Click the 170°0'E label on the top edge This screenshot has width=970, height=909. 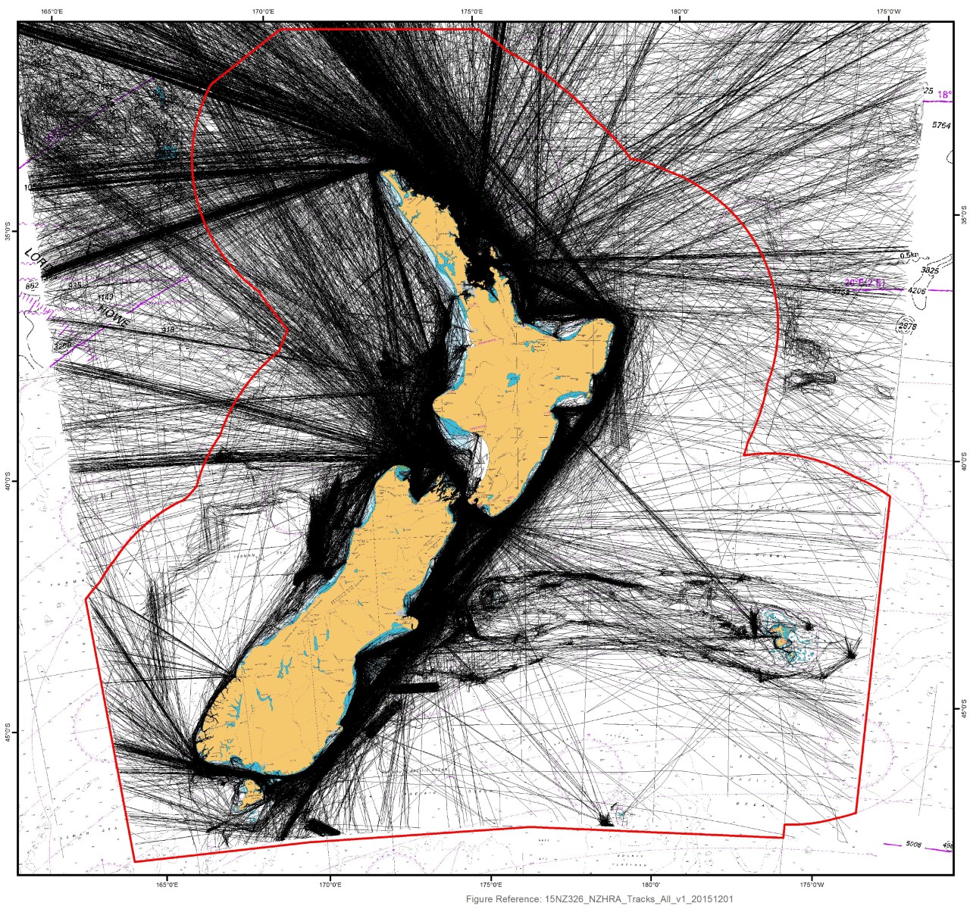click(x=263, y=11)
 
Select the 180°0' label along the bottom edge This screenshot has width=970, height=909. click(x=650, y=883)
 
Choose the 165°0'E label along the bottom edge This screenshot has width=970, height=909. click(x=167, y=883)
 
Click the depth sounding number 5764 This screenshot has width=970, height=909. click(x=940, y=125)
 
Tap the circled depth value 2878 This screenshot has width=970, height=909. click(x=906, y=326)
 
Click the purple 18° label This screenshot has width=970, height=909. click(x=944, y=95)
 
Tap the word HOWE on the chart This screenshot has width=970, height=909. click(x=112, y=317)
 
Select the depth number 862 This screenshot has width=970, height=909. click(x=32, y=286)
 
